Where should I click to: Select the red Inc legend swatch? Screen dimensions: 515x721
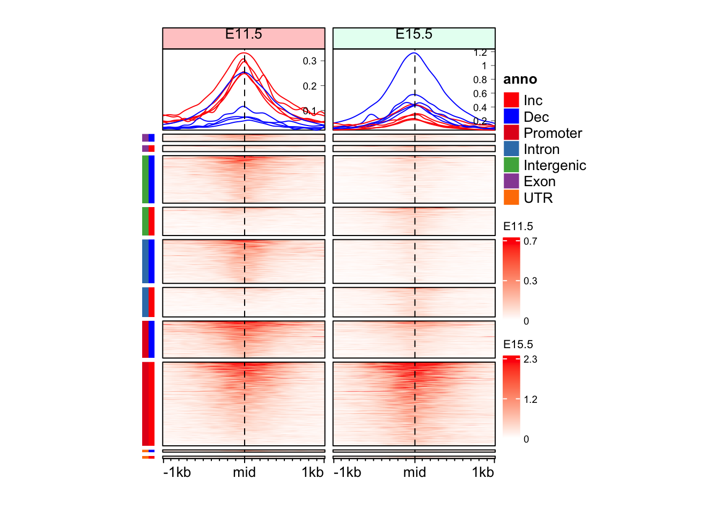click(511, 100)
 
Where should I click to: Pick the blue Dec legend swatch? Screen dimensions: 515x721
click(511, 116)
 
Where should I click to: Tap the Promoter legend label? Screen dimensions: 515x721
click(553, 133)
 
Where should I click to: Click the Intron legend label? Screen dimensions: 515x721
click(541, 149)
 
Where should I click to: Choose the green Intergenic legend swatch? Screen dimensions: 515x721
click(511, 165)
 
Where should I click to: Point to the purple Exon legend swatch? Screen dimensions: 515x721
click(511, 181)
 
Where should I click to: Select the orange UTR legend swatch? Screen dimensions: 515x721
click(511, 197)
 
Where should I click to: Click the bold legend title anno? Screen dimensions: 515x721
click(520, 79)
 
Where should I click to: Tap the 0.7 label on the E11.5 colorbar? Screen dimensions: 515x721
click(530, 241)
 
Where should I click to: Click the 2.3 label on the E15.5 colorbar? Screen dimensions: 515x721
click(530, 359)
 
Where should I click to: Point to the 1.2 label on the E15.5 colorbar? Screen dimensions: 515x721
click(530, 400)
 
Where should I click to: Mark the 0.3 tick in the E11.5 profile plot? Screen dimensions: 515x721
click(310, 61)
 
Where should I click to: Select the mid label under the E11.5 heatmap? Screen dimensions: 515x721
click(244, 473)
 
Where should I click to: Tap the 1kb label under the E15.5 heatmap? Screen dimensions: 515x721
click(482, 473)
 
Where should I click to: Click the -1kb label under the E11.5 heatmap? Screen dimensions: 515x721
click(177, 473)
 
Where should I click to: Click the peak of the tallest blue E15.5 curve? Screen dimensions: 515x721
click(414, 53)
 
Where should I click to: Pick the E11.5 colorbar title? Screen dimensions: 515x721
click(518, 226)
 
